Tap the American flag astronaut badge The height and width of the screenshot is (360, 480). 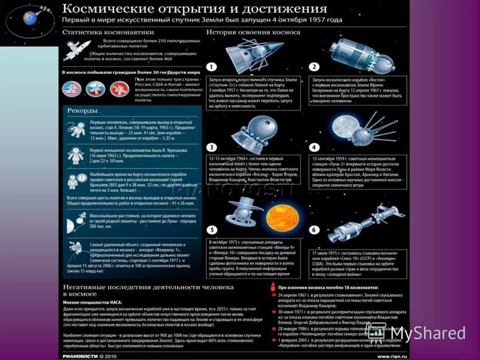click(71, 89)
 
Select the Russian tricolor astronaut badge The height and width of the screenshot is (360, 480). click(94, 89)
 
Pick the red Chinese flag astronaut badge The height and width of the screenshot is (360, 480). click(116, 89)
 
